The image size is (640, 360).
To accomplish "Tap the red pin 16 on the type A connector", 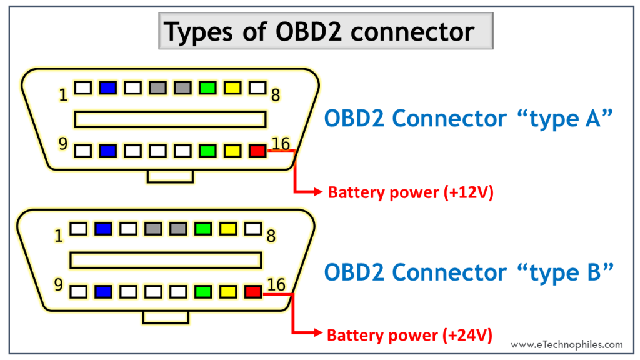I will pos(257,151).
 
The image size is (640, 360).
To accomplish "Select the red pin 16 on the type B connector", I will pos(252,291).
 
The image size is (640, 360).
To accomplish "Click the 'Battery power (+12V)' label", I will pos(411,192).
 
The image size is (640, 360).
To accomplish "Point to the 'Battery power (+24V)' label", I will pos(410,336).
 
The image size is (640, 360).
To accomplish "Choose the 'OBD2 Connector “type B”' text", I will pos(466,272).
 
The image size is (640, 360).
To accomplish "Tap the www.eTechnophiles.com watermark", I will pos(566,344).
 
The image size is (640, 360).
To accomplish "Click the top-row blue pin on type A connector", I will pos(108,88).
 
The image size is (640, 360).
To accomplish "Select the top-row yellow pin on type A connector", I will pos(232,88).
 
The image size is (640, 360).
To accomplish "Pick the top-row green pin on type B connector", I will pos(203,229).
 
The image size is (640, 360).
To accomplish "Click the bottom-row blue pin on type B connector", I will pos(103,291).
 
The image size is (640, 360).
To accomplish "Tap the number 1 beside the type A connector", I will pos(63,96).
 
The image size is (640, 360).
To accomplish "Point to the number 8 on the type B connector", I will pos(271,236).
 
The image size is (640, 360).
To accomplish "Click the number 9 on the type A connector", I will pos(62,144).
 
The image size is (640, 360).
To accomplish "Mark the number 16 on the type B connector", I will pos(276,285).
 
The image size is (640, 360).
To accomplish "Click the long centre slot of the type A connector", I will pos(170,119).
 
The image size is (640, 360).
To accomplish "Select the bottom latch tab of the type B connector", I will pos(165,317).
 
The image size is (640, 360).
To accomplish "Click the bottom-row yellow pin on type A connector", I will pos(232,151).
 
